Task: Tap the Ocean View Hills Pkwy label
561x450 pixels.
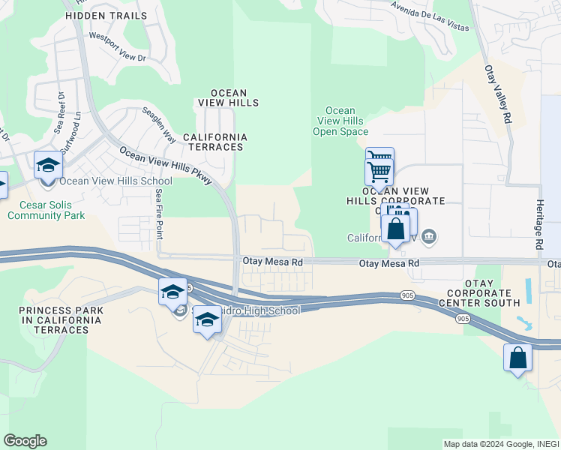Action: click(166, 165)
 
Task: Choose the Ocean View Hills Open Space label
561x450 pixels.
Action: click(340, 121)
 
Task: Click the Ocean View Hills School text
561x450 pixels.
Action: click(115, 181)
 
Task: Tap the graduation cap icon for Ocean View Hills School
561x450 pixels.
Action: click(48, 164)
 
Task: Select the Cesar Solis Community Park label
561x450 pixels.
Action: click(46, 209)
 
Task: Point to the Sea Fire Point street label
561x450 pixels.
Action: click(158, 213)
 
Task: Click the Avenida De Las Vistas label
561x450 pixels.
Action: click(430, 16)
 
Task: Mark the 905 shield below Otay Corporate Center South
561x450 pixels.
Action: click(462, 319)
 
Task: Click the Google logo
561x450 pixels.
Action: click(25, 441)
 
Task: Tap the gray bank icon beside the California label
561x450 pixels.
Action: click(428, 238)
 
